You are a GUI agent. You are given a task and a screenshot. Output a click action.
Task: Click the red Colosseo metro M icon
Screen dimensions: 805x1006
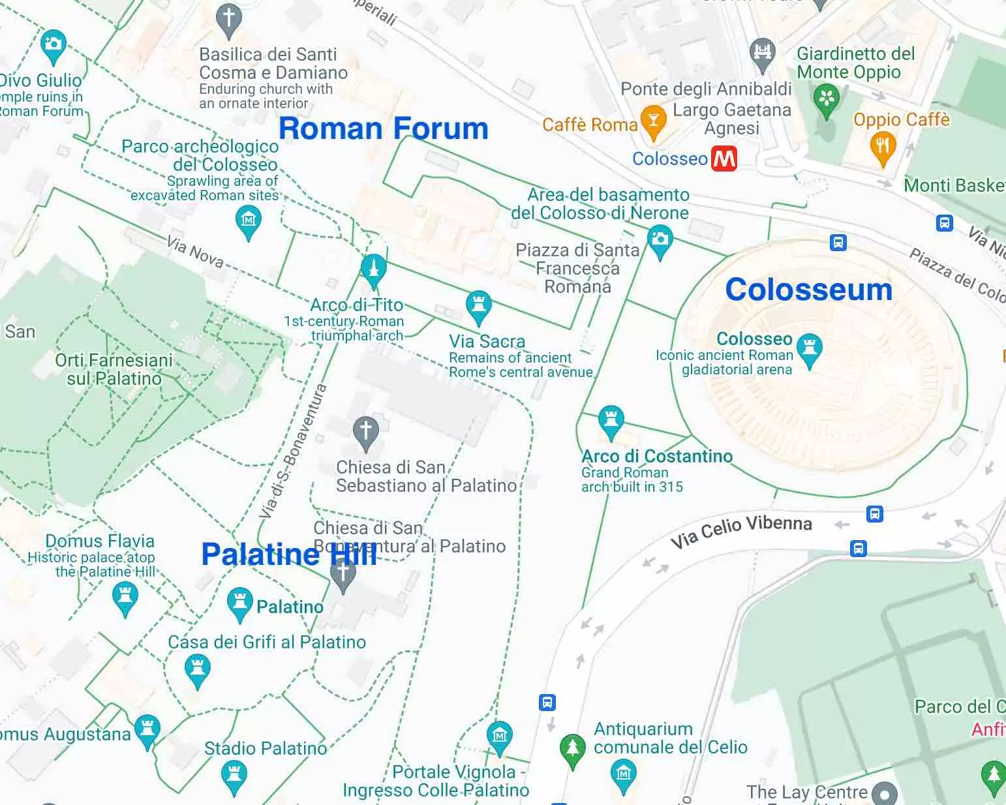click(x=724, y=159)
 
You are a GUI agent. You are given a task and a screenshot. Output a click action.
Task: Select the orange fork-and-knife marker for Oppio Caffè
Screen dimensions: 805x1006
click(x=883, y=146)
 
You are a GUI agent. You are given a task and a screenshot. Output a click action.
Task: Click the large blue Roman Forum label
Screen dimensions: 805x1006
click(x=383, y=129)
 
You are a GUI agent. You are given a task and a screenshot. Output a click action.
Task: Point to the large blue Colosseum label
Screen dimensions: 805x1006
click(x=808, y=289)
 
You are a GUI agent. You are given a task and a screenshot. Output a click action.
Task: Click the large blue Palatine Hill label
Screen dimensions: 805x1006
click(x=289, y=554)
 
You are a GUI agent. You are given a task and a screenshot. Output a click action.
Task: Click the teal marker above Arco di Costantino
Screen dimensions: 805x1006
click(x=611, y=419)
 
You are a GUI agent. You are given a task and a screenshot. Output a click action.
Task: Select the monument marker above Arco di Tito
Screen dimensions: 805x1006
click(x=373, y=268)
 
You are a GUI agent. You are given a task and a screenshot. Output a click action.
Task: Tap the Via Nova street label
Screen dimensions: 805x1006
click(x=195, y=252)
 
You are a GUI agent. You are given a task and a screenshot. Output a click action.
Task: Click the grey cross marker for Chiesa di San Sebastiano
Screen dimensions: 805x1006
click(x=365, y=431)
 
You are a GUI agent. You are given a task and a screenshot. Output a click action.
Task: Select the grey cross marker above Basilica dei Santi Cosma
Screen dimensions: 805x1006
click(x=228, y=19)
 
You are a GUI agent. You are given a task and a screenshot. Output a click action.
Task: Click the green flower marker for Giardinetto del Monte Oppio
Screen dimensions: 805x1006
click(x=827, y=99)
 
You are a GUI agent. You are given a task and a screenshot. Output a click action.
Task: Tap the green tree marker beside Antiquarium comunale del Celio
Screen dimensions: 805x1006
click(x=573, y=748)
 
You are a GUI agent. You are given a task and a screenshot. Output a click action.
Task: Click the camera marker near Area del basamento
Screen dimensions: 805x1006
click(x=660, y=239)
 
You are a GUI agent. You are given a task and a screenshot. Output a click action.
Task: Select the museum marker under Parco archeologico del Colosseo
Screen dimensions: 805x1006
click(x=248, y=220)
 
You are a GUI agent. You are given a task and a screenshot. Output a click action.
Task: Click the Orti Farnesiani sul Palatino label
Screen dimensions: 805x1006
click(x=114, y=369)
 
